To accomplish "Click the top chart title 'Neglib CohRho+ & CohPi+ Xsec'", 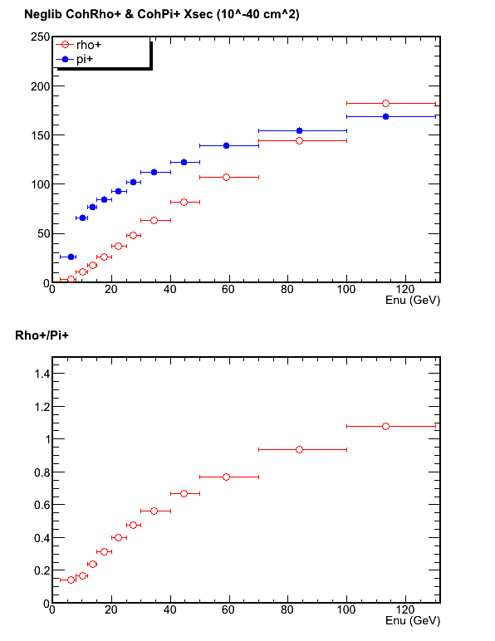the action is [x=119, y=14].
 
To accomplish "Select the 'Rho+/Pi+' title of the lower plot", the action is [x=42, y=335].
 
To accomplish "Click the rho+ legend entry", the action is [x=78, y=45].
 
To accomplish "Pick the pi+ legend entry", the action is [x=75, y=59].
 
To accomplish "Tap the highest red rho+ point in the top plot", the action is [x=385, y=104].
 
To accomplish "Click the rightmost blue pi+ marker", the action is [x=385, y=116].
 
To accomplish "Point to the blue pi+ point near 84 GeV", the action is [x=299, y=131].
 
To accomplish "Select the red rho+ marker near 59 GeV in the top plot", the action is [x=227, y=177].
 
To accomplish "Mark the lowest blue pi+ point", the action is [x=71, y=257].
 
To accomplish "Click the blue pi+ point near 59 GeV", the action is [x=227, y=145].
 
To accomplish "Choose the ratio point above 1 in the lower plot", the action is [x=385, y=427].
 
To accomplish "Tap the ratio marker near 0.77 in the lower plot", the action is [x=227, y=477].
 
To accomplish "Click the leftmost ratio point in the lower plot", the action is [x=71, y=580].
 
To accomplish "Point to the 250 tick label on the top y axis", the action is [x=41, y=37].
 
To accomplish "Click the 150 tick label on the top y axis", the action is [x=41, y=135].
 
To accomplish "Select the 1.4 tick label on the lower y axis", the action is [x=42, y=374].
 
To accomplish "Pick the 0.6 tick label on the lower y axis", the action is [x=42, y=506].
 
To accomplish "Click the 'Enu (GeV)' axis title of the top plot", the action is [x=413, y=301].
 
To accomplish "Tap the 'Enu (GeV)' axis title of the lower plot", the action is [x=413, y=621].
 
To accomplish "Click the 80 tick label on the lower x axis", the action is [x=287, y=610].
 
